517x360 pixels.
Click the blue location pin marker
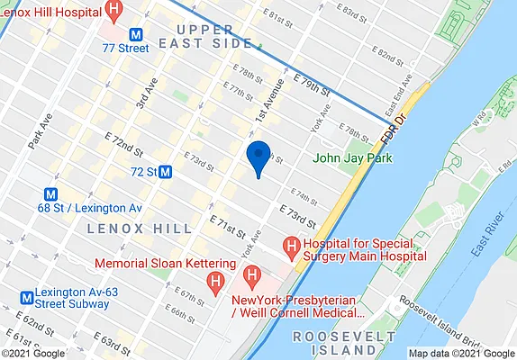click(258, 157)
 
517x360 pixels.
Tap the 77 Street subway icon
click(137, 32)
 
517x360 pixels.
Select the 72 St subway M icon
click(166, 171)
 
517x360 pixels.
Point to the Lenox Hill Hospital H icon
click(113, 11)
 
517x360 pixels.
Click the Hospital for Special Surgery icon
click(291, 245)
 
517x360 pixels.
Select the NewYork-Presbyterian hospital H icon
click(253, 274)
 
